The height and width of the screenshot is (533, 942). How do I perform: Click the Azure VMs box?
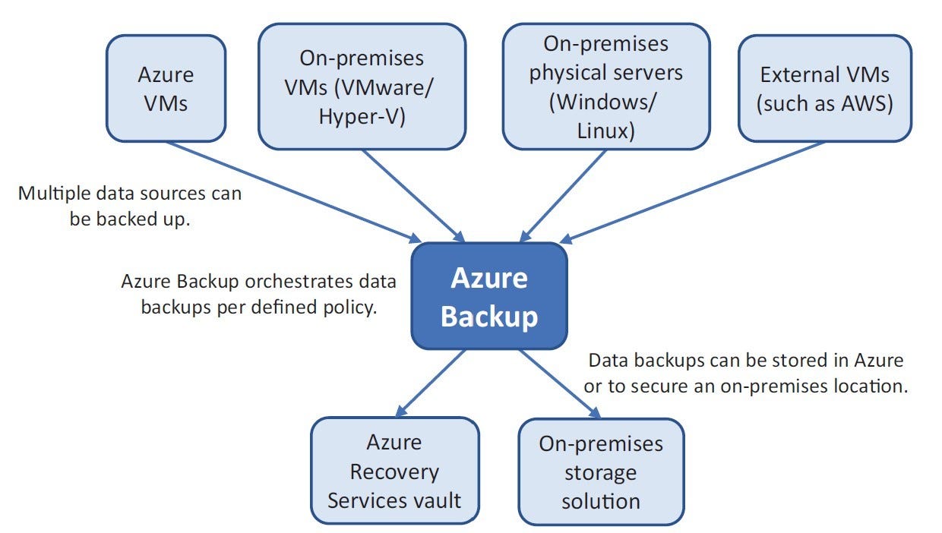[x=166, y=88]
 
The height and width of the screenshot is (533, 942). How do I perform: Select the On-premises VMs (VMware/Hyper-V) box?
[x=362, y=85]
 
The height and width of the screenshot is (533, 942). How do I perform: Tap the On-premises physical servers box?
[x=606, y=85]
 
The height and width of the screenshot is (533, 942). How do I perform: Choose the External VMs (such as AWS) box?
[x=824, y=88]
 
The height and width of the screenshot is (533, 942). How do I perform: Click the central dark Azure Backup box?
[x=489, y=297]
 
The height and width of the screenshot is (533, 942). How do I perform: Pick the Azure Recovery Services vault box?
[x=394, y=471]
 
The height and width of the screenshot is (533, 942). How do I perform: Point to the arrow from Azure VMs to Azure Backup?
[x=296, y=191]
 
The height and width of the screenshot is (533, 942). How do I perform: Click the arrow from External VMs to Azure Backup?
[x=691, y=191]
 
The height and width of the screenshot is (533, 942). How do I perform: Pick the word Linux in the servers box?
[x=605, y=130]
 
